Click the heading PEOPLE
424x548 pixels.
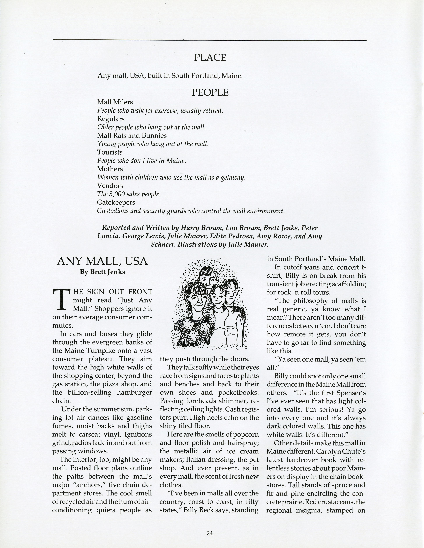point(210,93)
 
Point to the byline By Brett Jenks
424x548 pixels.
point(102,272)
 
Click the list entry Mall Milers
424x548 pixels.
point(115,102)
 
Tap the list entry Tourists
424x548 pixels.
point(110,152)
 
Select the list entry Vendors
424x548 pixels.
point(110,186)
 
